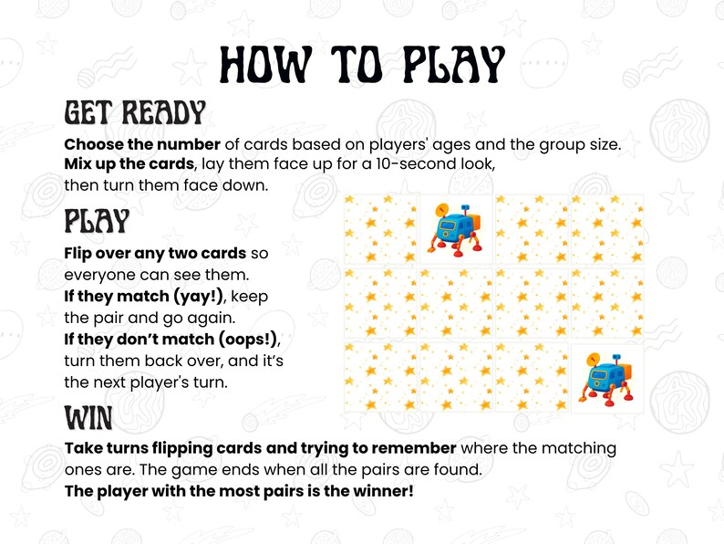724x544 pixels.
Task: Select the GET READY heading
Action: (x=134, y=113)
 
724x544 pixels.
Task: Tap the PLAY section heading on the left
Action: (x=97, y=222)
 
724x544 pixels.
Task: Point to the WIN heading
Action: (x=88, y=419)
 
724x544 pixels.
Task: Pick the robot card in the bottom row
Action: (x=606, y=377)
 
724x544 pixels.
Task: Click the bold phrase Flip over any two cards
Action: (x=155, y=253)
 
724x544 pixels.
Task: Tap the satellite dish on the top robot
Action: (x=443, y=208)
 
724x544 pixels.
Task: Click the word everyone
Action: (x=99, y=275)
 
